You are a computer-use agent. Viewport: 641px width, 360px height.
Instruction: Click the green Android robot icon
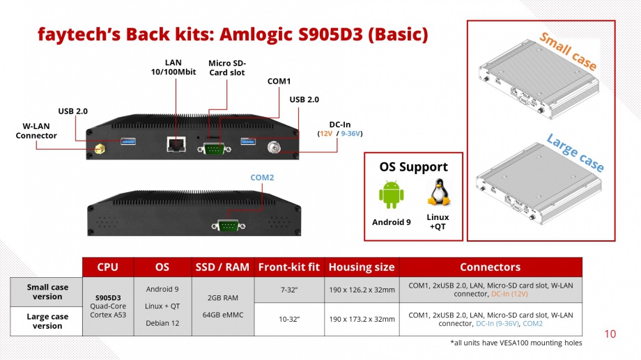[x=392, y=194]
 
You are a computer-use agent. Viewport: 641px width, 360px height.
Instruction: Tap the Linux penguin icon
[x=439, y=192]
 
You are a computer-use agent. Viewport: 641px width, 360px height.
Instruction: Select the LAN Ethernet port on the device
[x=176, y=144]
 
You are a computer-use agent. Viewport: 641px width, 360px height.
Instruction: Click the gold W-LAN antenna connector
[x=99, y=149]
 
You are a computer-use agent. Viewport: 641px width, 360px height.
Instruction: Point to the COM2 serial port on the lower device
[x=229, y=225]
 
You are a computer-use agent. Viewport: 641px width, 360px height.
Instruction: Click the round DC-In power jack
[x=274, y=147]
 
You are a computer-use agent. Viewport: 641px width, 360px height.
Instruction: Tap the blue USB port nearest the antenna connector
[x=128, y=142]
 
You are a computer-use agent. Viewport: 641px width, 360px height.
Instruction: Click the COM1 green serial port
[x=214, y=148]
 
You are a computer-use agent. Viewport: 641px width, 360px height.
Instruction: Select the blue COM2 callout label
[x=262, y=178]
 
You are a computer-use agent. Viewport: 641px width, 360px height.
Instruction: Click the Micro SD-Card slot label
[x=227, y=68]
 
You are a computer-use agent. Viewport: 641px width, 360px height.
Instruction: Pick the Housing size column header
[x=362, y=267]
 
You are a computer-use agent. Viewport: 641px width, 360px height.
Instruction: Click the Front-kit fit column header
[x=289, y=267]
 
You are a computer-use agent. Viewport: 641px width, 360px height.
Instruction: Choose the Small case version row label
[x=47, y=292]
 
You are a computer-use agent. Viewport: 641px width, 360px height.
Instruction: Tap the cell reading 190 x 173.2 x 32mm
[x=362, y=319]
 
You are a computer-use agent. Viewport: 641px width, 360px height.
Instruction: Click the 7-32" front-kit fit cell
[x=289, y=290]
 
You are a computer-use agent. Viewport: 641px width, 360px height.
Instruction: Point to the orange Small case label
[x=569, y=52]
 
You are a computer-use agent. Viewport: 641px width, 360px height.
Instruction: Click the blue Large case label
[x=575, y=152]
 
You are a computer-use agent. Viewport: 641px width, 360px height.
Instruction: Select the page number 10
[x=610, y=334]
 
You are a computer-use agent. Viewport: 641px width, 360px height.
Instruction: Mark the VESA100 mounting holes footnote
[x=516, y=343]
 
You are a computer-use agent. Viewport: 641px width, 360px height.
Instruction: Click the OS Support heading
[x=413, y=166]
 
